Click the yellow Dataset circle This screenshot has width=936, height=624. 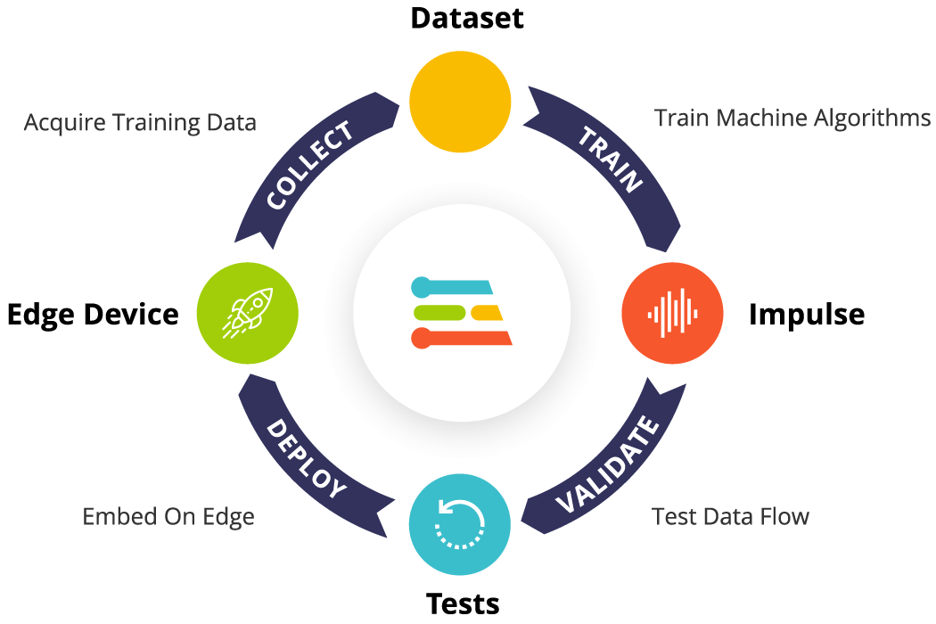460,100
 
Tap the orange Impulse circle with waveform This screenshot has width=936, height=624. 672,313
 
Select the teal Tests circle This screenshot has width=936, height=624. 460,524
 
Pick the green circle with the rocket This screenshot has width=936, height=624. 247,313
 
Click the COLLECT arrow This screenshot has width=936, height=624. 311,166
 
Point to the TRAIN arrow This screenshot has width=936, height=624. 612,160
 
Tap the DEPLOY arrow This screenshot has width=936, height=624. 308,460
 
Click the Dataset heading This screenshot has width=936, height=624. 466,18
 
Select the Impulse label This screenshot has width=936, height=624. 806,314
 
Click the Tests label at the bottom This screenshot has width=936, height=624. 463,603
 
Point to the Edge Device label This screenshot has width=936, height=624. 93,314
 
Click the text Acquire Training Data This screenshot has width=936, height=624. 140,122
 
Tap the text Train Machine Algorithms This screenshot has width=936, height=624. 792,118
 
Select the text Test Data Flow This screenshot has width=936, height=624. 730,515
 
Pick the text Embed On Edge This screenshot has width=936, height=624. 168,516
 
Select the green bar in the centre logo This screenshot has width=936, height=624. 438,312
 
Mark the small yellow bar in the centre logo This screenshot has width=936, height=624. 488,312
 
